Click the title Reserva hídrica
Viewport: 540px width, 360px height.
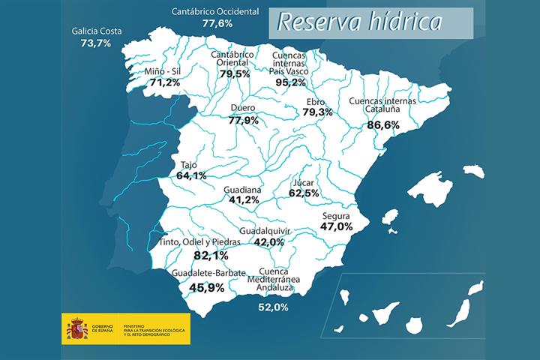358,22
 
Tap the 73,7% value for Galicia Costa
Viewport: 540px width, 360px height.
95,43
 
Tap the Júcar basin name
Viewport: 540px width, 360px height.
304,181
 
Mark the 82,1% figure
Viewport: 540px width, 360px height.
210,255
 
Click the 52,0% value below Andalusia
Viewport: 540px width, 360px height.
273,306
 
